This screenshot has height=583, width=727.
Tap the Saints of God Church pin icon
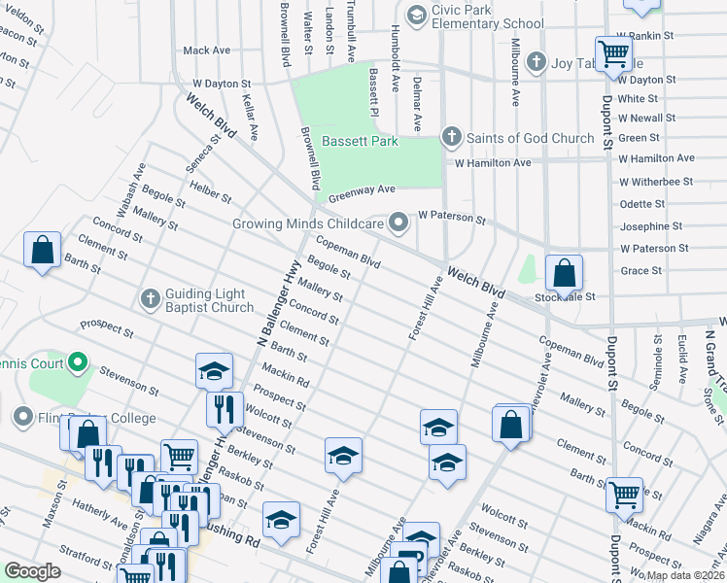click(450, 137)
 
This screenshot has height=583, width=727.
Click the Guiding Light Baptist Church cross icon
click(150, 298)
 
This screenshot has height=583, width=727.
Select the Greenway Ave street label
click(362, 191)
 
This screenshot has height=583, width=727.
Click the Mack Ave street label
click(206, 51)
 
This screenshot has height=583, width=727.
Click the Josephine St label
click(652, 226)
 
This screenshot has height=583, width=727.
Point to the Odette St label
click(641, 204)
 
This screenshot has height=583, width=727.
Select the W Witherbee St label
click(655, 182)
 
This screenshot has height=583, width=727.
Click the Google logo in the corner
click(32, 571)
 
